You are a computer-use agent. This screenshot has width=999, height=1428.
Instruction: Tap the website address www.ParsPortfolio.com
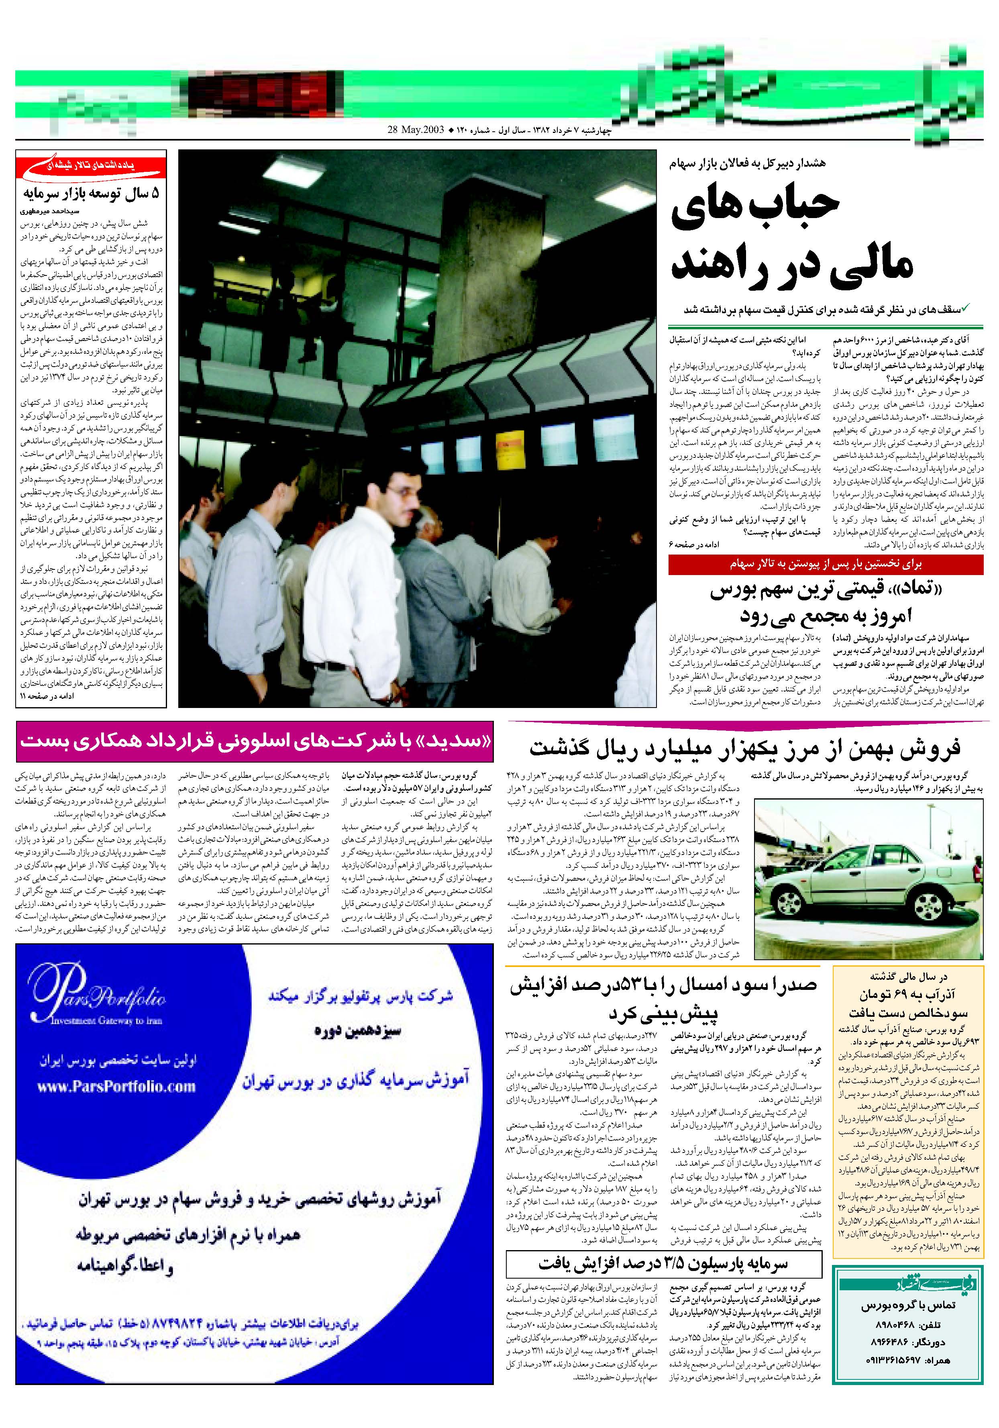pyautogui.click(x=116, y=1087)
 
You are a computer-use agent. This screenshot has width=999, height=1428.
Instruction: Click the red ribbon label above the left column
pyautogui.click(x=92, y=167)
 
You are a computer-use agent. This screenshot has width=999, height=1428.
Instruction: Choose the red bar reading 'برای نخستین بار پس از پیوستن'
pyautogui.click(x=826, y=564)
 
